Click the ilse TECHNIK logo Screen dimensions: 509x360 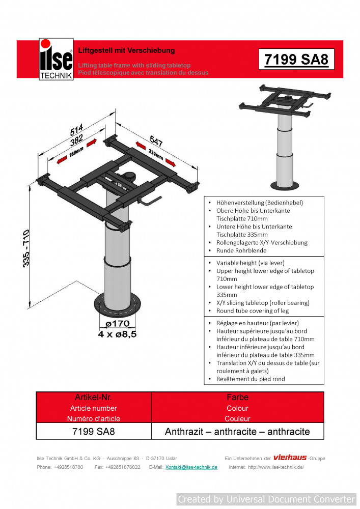pyautogui.click(x=56, y=60)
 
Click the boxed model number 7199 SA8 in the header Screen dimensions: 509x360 pyautogui.click(x=296, y=60)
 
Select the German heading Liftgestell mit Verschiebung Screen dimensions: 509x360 pyautogui.click(x=126, y=50)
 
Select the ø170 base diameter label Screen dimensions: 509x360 pyautogui.click(x=117, y=324)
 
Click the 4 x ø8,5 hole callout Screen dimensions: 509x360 pyautogui.click(x=117, y=334)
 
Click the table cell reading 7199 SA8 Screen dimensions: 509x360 pyautogui.click(x=94, y=432)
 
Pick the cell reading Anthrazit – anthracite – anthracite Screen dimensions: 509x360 pyautogui.click(x=237, y=432)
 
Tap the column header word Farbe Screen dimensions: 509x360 pyautogui.click(x=237, y=397)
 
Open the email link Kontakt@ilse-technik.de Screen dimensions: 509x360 pyautogui.click(x=191, y=467)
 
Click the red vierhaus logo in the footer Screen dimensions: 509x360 pyautogui.click(x=290, y=458)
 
